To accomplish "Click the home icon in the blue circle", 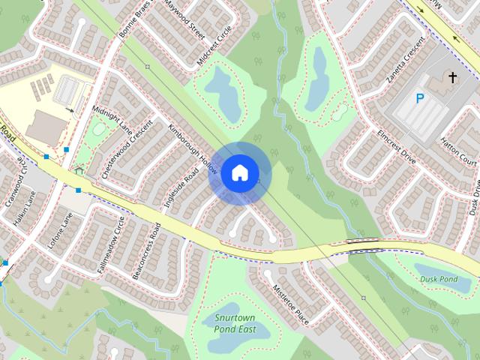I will coord(239,173).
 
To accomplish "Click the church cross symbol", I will coord(452,77).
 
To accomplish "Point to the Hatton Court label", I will coord(458,150).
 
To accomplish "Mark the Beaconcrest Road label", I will coord(146,250).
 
